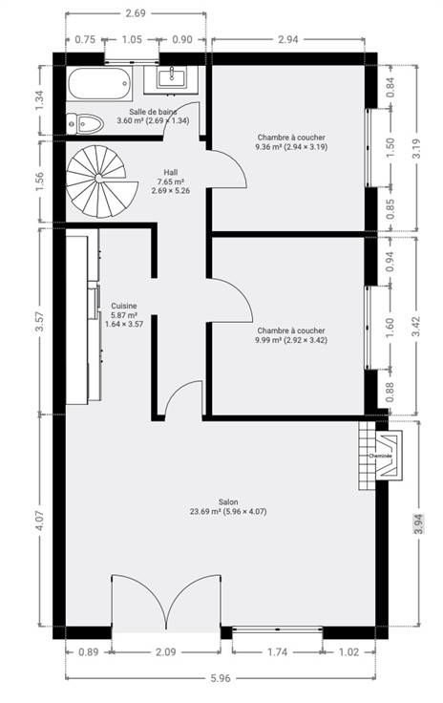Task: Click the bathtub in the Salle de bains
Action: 99,84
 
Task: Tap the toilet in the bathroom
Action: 85,123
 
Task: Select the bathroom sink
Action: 171,77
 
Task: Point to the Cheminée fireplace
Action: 380,456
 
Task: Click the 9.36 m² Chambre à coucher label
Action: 291,142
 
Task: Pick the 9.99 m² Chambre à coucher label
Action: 291,335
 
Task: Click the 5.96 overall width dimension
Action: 221,678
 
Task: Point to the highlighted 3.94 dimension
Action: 419,523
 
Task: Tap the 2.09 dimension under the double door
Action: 166,651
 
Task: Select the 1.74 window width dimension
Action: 278,651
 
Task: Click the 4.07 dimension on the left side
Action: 40,521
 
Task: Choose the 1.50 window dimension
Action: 390,147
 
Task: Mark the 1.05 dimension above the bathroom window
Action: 132,39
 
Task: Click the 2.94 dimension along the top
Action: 288,39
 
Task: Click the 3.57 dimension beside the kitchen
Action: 40,322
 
